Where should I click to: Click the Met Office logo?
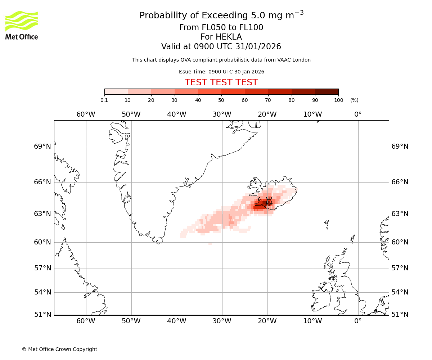pos(22,25)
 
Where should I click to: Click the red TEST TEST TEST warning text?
pos(221,82)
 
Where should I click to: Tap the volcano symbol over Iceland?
pos(269,202)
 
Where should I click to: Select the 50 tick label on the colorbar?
pos(221,100)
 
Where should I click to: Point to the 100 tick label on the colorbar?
pos(338,100)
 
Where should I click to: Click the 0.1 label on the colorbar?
pos(104,100)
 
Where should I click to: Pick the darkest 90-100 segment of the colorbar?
pos(327,91)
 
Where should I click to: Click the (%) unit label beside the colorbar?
pos(354,100)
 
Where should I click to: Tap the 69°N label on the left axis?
pos(42,147)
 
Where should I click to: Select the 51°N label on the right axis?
pos(400,315)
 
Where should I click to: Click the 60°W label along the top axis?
pos(86,114)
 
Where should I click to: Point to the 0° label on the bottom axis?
pos(358,321)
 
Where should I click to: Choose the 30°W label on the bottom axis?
pos(222,321)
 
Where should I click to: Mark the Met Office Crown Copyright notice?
pos(59,349)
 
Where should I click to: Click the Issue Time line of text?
pos(221,72)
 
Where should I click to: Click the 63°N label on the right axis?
pos(400,214)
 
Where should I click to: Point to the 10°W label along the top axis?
pos(312,114)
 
